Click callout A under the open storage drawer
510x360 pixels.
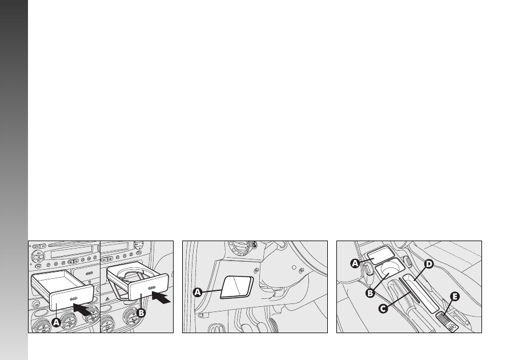[57, 322]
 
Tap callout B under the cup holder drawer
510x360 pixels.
[141, 313]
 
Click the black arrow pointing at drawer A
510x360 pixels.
[82, 309]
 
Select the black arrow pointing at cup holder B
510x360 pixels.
[161, 297]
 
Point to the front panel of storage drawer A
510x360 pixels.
[71, 298]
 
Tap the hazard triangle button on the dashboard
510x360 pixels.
[107, 298]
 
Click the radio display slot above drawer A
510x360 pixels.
[72, 251]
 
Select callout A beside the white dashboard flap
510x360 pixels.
[198, 293]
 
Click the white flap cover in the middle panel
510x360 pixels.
[237, 287]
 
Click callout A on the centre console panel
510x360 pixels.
[355, 263]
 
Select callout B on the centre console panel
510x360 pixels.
[370, 293]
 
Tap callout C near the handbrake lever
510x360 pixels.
[383, 308]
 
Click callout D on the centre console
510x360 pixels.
[429, 263]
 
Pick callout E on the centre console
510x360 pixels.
[455, 297]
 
